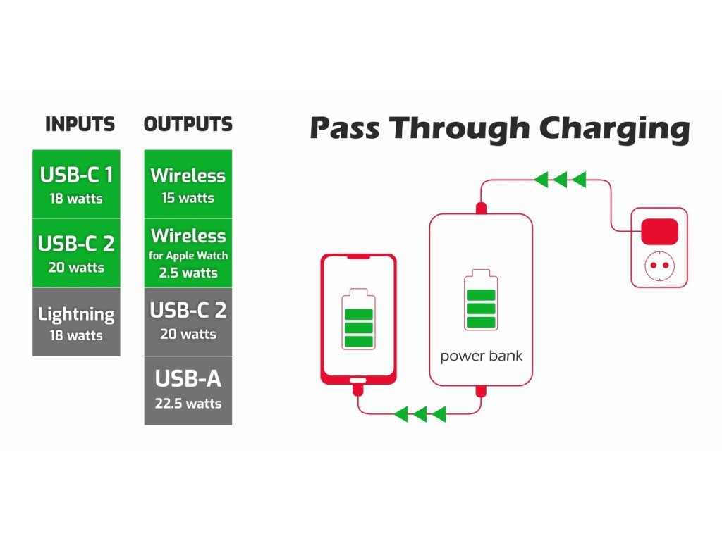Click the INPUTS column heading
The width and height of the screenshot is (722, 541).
[x=80, y=124]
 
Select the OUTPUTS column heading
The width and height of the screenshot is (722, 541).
[x=188, y=124]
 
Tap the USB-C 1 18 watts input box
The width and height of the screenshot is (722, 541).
[x=76, y=184]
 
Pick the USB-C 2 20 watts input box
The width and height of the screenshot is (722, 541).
[x=76, y=253]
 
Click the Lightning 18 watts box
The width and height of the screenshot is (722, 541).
[x=76, y=322]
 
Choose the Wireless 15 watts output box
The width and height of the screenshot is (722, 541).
[x=188, y=184]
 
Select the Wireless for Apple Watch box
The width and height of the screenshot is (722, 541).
[x=188, y=253]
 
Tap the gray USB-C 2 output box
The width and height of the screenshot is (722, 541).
[x=188, y=322]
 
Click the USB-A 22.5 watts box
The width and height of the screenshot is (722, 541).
[x=188, y=390]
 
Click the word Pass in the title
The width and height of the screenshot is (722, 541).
[x=345, y=128]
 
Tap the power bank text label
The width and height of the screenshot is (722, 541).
[x=481, y=356]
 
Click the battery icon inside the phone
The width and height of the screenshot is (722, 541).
[x=358, y=319]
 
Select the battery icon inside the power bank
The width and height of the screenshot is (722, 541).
[x=481, y=299]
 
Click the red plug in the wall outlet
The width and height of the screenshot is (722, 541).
[x=659, y=231]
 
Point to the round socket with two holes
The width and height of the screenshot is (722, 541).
[x=659, y=266]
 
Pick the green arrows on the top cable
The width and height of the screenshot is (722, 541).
[x=560, y=180]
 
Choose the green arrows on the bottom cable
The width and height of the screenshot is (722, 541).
[x=420, y=414]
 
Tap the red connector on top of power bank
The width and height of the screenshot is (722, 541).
[x=481, y=209]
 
